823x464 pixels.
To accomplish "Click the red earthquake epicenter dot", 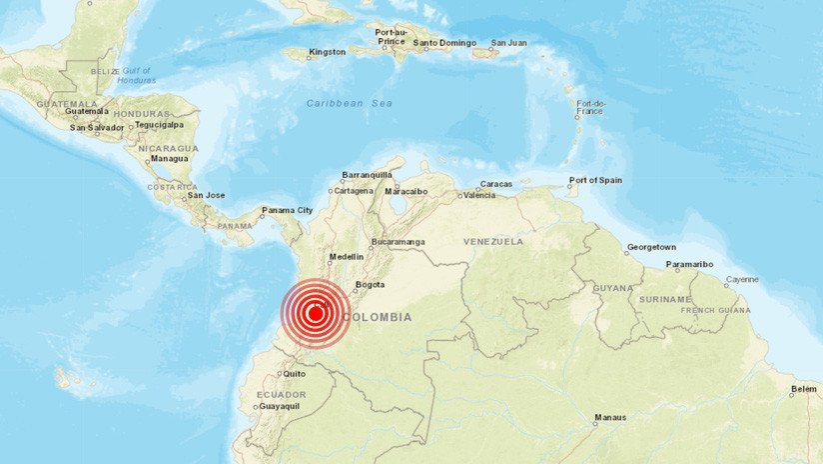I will [315, 314].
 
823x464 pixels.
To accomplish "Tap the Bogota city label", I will [370, 285].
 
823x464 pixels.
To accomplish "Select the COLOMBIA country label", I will [377, 317].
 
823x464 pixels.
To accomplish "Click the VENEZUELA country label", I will [493, 241].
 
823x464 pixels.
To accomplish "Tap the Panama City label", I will [287, 211].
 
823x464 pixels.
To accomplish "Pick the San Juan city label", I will [508, 43].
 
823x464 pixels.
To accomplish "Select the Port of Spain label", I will [595, 181].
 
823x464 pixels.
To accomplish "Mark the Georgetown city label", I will [651, 247].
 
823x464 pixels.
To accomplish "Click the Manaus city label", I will [610, 417].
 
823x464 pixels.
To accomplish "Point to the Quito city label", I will [294, 374].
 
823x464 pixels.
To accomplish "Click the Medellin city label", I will [347, 257].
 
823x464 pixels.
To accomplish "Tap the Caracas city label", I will [496, 184].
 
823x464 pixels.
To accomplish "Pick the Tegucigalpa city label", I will [162, 125].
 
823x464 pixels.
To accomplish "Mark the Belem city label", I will [804, 389].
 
